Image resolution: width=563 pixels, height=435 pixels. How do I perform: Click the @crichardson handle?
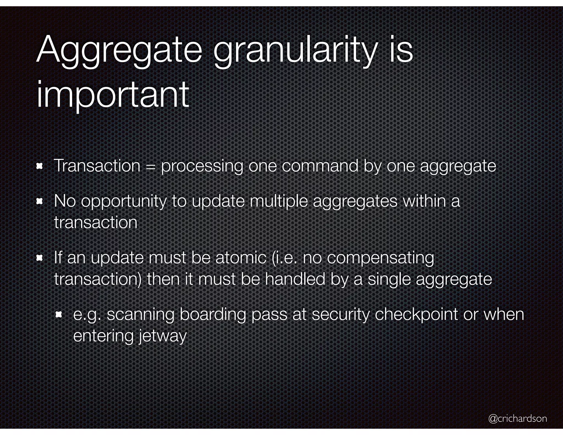(517, 418)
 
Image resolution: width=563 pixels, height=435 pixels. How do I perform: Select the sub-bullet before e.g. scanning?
(59, 315)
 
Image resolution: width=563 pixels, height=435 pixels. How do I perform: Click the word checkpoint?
(416, 315)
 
